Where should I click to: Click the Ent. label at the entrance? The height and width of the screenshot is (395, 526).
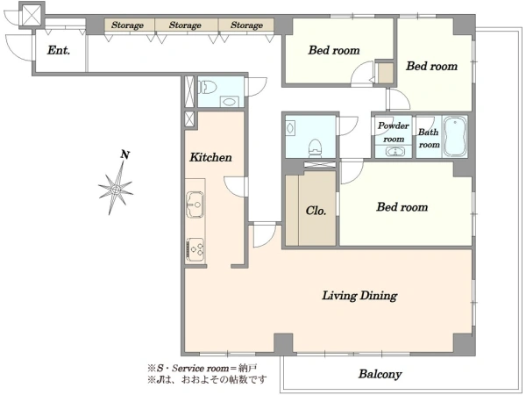tap(59, 50)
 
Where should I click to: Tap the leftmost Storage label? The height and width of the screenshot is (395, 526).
tap(127, 25)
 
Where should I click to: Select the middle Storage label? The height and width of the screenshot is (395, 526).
tap(185, 25)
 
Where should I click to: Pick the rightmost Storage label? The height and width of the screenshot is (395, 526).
tap(246, 25)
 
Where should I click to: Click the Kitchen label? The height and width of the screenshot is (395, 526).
tap(210, 157)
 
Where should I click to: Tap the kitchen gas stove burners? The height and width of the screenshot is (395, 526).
tap(195, 249)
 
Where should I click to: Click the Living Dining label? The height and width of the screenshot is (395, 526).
tap(359, 296)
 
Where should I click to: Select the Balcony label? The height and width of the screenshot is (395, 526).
tap(380, 374)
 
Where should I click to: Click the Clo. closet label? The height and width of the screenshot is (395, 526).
tap(316, 211)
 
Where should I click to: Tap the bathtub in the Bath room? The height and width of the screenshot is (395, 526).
tap(455, 136)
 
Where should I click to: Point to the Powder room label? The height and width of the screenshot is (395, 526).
tap(394, 133)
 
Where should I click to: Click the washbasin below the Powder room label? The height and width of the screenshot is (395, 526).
tap(394, 152)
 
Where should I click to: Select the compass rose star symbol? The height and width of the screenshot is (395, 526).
tap(116, 190)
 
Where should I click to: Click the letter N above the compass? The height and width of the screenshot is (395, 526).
tap(125, 154)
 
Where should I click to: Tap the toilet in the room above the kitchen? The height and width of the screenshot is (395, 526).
tap(205, 87)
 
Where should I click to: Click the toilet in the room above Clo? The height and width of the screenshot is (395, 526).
tap(315, 147)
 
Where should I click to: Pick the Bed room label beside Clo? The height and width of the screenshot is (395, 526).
tap(402, 207)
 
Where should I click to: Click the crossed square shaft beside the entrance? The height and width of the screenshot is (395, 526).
tap(32, 16)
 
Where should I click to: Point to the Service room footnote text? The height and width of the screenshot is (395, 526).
tap(203, 368)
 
